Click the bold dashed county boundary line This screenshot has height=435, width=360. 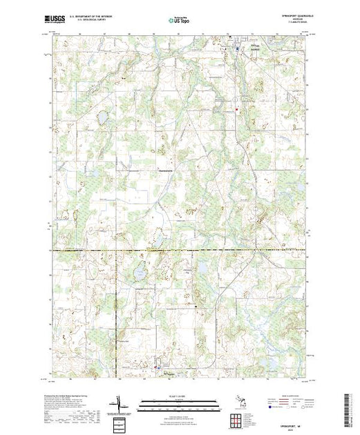pos(138,250)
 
